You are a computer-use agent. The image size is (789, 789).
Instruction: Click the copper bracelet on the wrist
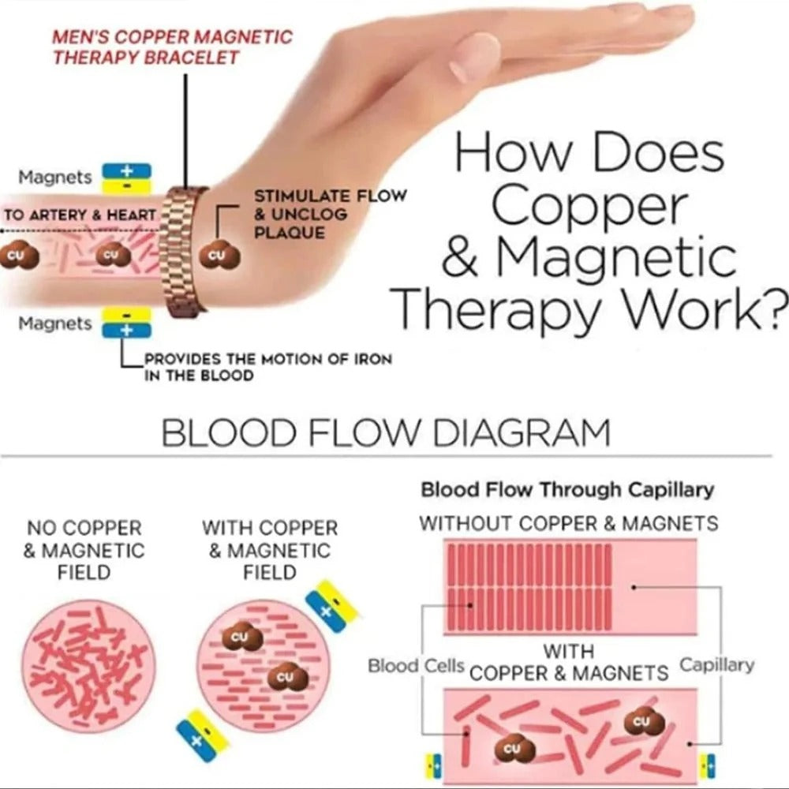tap(183, 252)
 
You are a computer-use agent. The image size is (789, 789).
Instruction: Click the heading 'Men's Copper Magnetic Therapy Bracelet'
tap(173, 47)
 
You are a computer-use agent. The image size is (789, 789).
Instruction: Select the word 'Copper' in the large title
tap(589, 206)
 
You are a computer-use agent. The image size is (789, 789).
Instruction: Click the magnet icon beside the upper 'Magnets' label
tap(127, 179)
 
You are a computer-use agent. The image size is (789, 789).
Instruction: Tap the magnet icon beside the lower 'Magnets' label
tap(127, 323)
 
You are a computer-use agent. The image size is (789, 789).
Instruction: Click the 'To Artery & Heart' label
tap(80, 215)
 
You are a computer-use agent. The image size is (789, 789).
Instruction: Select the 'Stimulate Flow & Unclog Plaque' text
tap(330, 214)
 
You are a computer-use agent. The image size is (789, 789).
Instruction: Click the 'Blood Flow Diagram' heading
tap(386, 432)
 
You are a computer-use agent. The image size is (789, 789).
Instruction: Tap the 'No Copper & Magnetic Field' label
tap(84, 550)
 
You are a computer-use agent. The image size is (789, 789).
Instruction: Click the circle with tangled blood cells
tap(89, 666)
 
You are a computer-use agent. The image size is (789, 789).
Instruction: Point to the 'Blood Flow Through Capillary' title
tap(567, 490)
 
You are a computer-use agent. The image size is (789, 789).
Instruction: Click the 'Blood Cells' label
tap(416, 666)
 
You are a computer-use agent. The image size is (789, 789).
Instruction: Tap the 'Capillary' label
tap(717, 665)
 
